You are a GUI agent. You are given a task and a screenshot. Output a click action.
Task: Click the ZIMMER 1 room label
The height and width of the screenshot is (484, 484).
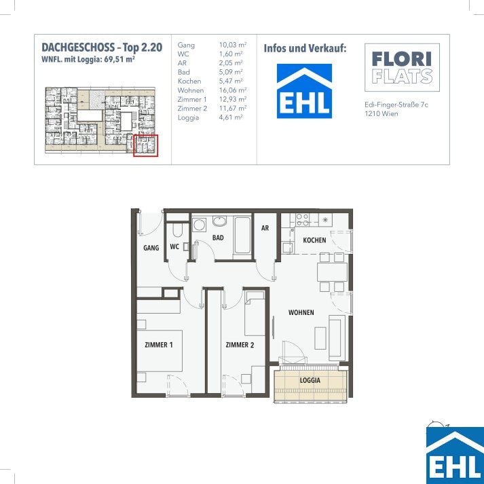click(x=159, y=345)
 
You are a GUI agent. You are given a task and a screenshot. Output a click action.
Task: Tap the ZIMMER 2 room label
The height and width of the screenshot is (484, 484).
click(x=240, y=345)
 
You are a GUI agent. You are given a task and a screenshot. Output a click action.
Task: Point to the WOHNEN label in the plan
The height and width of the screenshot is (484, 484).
click(x=301, y=312)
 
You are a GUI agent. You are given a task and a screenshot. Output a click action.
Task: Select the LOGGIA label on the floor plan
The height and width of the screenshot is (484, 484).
click(x=310, y=380)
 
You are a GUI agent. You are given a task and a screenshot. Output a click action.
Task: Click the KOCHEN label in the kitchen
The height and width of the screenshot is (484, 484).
click(x=314, y=240)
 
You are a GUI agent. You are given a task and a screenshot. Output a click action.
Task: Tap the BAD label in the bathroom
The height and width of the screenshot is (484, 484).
click(x=218, y=238)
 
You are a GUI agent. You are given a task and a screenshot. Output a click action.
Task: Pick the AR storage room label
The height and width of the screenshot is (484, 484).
click(x=265, y=228)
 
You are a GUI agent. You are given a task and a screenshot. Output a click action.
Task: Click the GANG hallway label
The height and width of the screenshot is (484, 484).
click(x=151, y=248)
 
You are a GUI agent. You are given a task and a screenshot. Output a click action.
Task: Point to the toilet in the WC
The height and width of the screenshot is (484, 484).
click(x=177, y=229)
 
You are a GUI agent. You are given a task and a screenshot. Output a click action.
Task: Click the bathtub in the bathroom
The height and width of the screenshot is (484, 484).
click(x=242, y=235)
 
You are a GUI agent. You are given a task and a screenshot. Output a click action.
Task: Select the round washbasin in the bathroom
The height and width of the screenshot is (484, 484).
click(x=219, y=221)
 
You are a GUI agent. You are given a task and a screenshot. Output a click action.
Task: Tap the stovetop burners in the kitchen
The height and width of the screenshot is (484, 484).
click(x=303, y=219)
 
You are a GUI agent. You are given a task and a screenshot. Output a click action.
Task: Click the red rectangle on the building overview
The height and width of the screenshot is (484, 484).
click(x=146, y=145)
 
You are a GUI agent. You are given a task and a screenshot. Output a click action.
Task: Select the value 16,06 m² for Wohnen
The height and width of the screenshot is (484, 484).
click(x=233, y=90)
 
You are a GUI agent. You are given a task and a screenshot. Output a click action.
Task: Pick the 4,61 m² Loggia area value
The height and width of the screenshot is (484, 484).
click(x=231, y=117)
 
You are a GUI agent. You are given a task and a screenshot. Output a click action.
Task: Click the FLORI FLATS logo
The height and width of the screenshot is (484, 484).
click(x=402, y=67)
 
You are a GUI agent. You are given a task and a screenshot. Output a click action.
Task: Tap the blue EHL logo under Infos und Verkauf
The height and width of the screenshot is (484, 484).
click(x=304, y=91)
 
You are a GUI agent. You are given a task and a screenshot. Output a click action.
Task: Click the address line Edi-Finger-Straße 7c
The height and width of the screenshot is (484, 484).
click(x=396, y=105)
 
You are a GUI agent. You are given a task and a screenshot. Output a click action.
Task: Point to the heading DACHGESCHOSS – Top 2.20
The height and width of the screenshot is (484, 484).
click(x=102, y=48)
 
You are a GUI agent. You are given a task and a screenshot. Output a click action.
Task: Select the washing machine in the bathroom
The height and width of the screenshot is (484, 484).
click(x=199, y=225)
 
